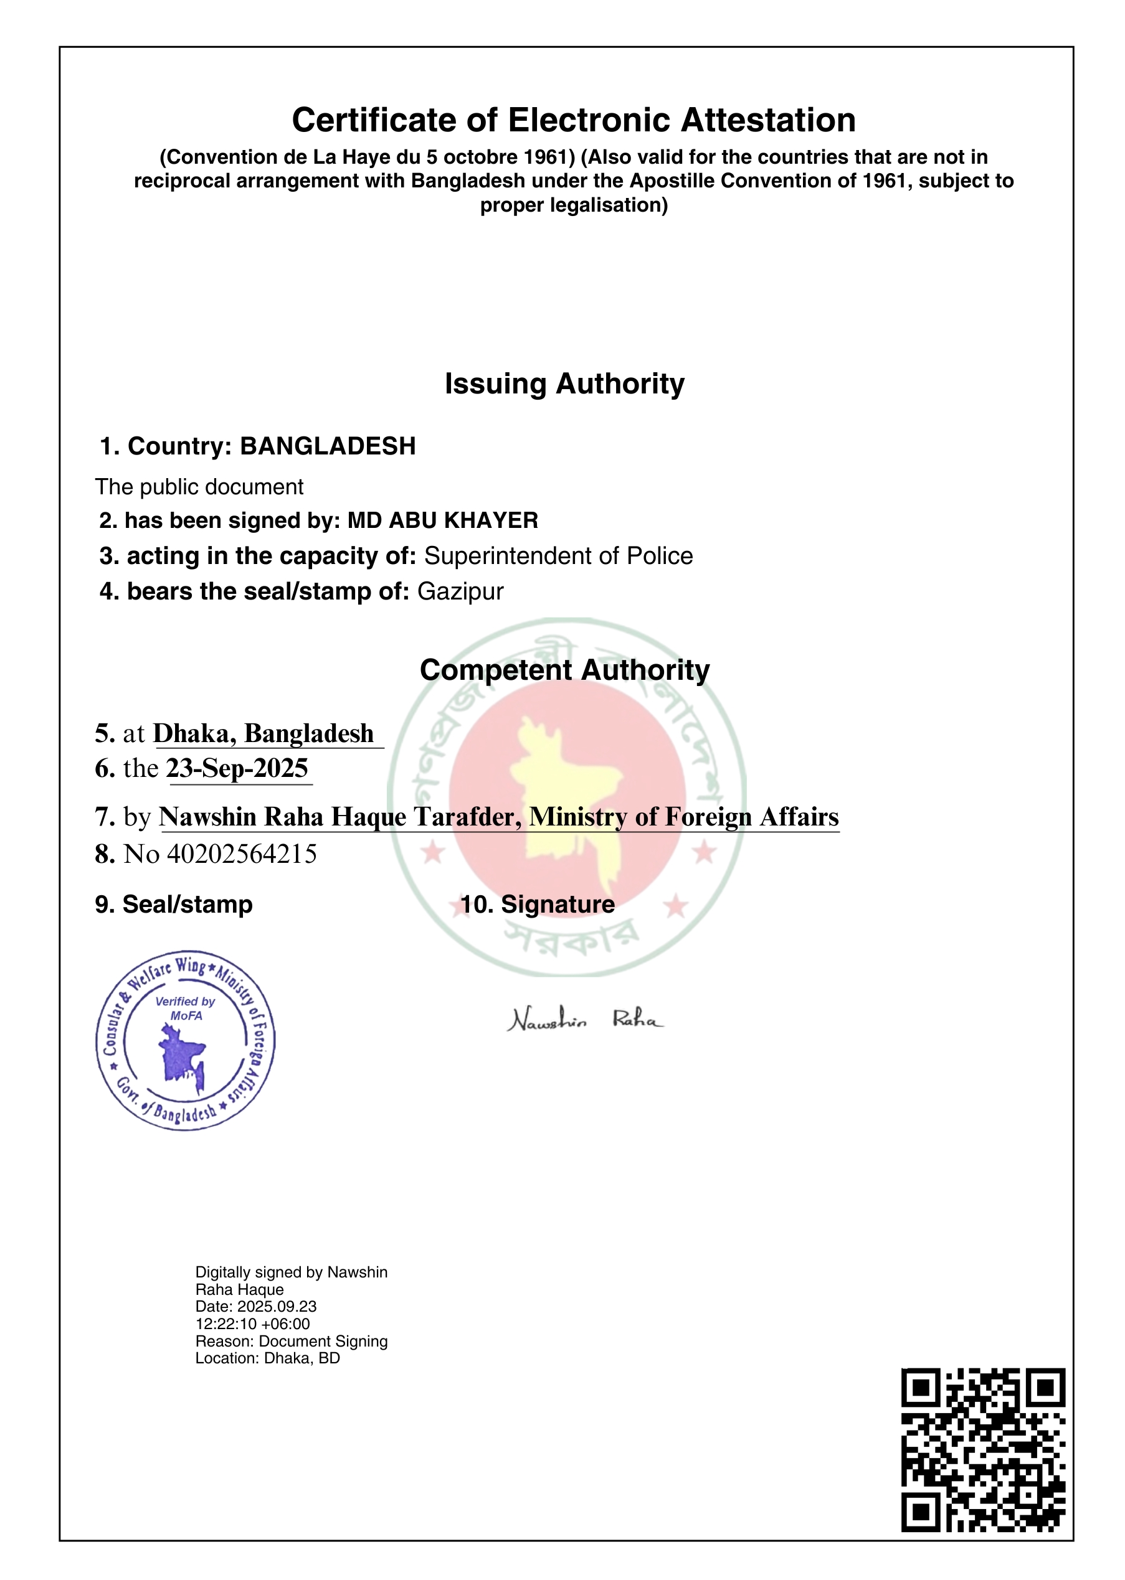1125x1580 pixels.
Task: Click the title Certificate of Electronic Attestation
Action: click(574, 121)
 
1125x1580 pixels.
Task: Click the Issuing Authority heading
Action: click(564, 383)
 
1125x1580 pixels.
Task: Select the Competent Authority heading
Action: click(564, 670)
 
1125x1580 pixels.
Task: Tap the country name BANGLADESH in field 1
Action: click(328, 446)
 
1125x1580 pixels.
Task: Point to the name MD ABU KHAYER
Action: click(443, 520)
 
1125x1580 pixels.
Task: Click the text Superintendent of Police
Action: click(558, 556)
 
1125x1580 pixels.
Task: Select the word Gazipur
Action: click(460, 592)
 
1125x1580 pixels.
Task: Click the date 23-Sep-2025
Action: click(237, 769)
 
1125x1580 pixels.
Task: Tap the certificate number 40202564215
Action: click(242, 854)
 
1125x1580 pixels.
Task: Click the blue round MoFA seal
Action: click(186, 1040)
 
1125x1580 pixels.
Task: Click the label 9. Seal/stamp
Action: click(174, 905)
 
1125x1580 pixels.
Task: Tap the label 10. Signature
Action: click(538, 905)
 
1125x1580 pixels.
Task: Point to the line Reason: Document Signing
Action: click(291, 1341)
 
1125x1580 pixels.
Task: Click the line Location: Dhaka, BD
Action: click(267, 1358)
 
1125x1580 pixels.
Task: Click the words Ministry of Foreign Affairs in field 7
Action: click(684, 817)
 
